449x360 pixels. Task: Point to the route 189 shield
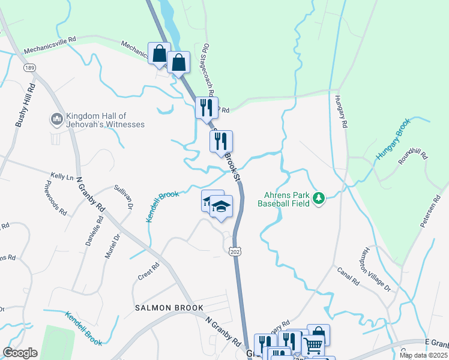29,68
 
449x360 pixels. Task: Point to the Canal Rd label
347,275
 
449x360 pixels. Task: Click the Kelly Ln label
61,177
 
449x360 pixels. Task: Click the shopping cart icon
313,345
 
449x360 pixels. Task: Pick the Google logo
20,353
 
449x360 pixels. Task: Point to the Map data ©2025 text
423,355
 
